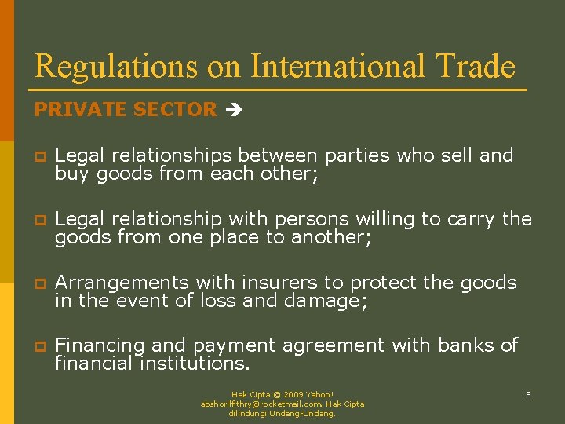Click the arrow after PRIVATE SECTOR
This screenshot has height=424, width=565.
pos(233,111)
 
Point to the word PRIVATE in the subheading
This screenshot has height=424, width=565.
pos(76,110)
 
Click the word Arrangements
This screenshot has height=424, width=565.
pos(122,283)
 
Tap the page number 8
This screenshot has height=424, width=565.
pos(528,394)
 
